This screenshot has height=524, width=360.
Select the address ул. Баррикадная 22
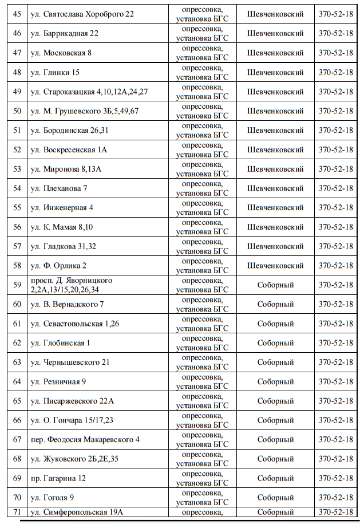pyautogui.click(x=71, y=33)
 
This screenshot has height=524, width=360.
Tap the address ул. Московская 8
pyautogui.click(x=68, y=53)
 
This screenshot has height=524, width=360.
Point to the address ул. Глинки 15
pyautogui.click(x=61, y=72)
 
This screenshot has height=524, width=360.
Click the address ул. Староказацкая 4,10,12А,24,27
pyautogui.click(x=89, y=92)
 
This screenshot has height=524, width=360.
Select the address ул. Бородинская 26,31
pyautogui.click(x=76, y=130)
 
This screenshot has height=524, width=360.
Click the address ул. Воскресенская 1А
pyautogui.click(x=75, y=149)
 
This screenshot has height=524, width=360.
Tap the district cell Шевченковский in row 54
pyautogui.click(x=275, y=188)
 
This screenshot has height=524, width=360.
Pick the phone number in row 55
pyautogui.click(x=336, y=207)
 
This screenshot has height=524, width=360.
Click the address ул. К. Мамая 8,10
pyautogui.click(x=68, y=227)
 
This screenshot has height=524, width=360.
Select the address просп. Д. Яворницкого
pyautogui.click(x=71, y=281)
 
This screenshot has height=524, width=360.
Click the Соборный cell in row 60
pyautogui.click(x=275, y=304)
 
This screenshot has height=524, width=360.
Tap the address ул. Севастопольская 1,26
pyautogui.click(x=81, y=324)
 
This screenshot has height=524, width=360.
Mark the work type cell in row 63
pyautogui.click(x=202, y=363)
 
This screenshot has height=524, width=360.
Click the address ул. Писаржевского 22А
pyautogui.click(x=78, y=401)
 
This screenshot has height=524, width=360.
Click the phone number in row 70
pyautogui.click(x=336, y=498)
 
